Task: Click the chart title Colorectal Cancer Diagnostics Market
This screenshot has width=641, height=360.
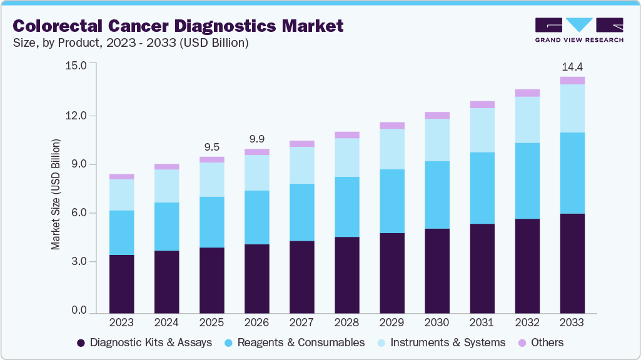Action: pos(178,26)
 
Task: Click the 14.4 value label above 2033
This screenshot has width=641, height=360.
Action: pos(572,66)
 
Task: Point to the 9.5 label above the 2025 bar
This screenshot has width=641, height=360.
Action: pos(211,147)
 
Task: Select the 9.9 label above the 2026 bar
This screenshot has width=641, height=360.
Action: pos(256,138)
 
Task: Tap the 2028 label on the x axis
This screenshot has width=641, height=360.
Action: pos(346,322)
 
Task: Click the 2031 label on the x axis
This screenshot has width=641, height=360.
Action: pos(482,322)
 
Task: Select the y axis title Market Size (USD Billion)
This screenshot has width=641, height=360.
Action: pos(56,195)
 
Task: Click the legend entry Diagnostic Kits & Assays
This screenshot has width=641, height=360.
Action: pos(144,342)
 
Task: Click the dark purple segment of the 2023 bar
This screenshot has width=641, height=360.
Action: pos(121,284)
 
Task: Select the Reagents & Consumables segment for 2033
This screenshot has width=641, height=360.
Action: pos(572,173)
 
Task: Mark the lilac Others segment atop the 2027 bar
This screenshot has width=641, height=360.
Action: pos(301,144)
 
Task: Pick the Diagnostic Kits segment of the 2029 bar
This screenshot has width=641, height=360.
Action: pos(391,273)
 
